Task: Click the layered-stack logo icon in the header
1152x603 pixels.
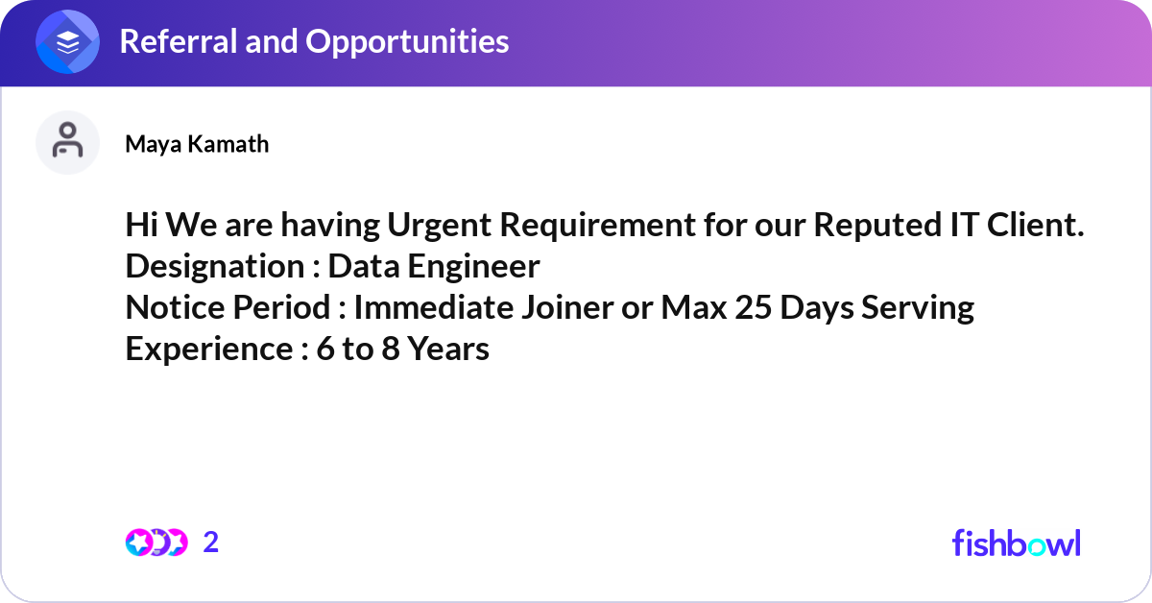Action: point(68,42)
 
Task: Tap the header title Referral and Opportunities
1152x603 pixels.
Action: point(314,41)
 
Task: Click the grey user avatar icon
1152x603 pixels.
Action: point(68,142)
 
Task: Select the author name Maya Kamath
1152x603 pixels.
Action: point(197,144)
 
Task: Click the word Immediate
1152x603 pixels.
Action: point(432,307)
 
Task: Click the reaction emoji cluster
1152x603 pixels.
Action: point(156,543)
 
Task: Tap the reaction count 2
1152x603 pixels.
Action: point(211,543)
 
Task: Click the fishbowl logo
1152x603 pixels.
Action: point(1016,543)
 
